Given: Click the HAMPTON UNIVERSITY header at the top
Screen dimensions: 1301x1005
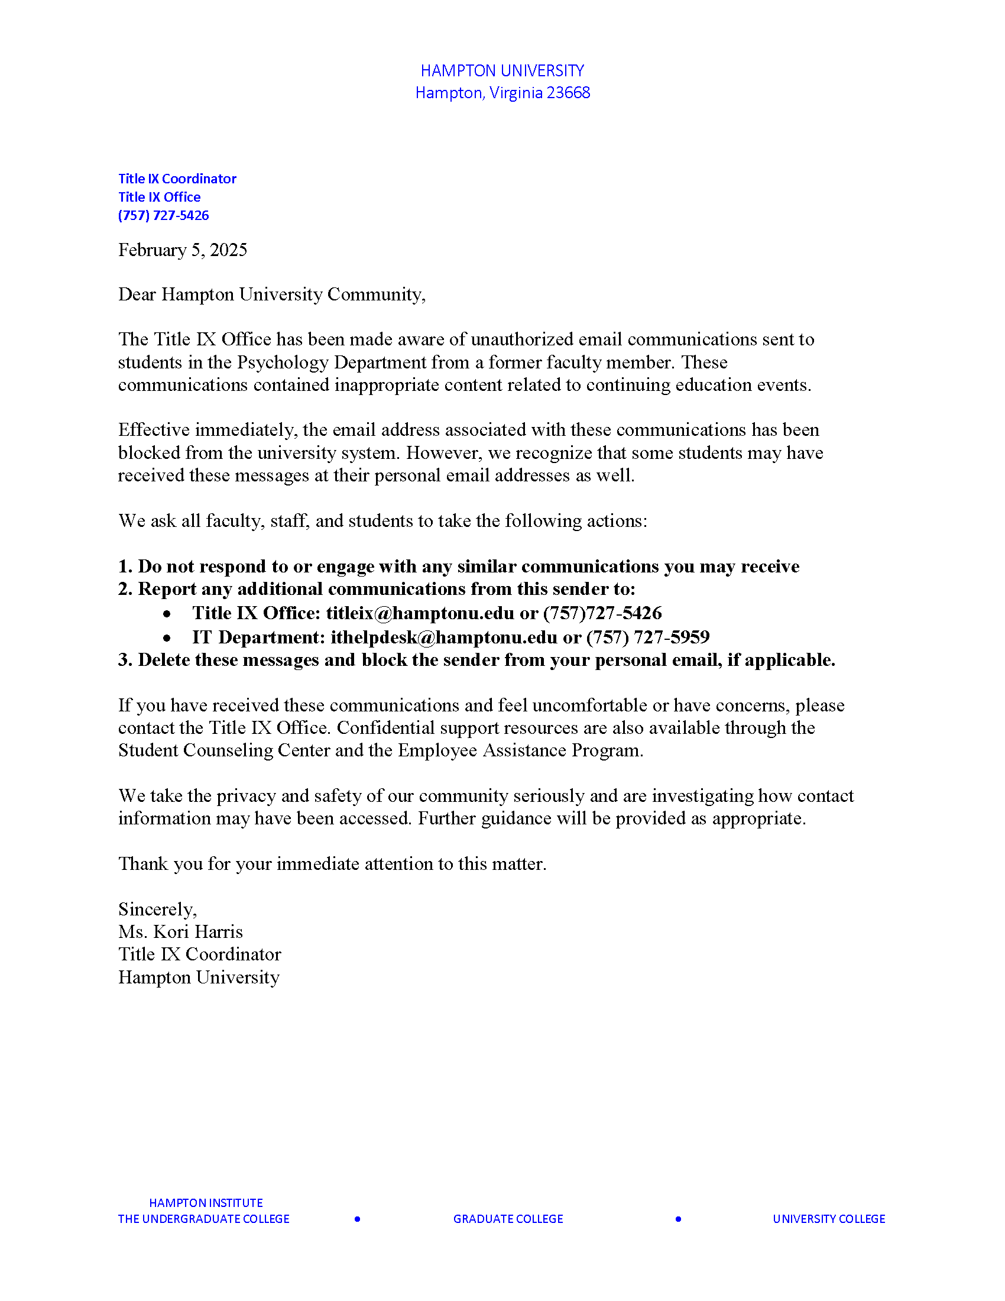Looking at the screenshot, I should click(x=502, y=71).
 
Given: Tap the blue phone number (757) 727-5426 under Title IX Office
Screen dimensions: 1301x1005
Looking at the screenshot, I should click(x=163, y=216).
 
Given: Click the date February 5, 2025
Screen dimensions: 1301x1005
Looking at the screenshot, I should click(x=182, y=250).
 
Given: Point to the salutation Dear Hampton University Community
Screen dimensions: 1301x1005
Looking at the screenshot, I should click(x=271, y=295).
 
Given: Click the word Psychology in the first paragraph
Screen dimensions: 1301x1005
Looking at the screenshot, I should click(x=283, y=362).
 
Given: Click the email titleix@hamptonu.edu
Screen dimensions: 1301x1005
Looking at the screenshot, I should click(x=420, y=613).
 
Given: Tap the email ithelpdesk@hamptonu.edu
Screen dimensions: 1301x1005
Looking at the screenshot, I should click(x=443, y=637).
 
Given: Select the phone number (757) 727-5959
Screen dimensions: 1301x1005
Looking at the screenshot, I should click(x=648, y=637).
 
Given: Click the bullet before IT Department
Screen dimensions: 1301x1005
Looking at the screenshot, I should click(x=167, y=639).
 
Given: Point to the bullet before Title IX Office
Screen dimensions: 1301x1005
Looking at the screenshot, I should click(x=167, y=614).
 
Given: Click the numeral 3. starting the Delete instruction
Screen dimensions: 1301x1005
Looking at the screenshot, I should click(x=125, y=660).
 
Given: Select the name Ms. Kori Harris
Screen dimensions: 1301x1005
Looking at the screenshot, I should click(x=180, y=932).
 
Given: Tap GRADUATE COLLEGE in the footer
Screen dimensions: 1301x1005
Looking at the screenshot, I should click(x=508, y=1219).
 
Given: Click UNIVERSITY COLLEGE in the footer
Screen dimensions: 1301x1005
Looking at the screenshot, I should click(x=829, y=1219).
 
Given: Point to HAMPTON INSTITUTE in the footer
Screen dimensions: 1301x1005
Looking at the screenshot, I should click(x=206, y=1203).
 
